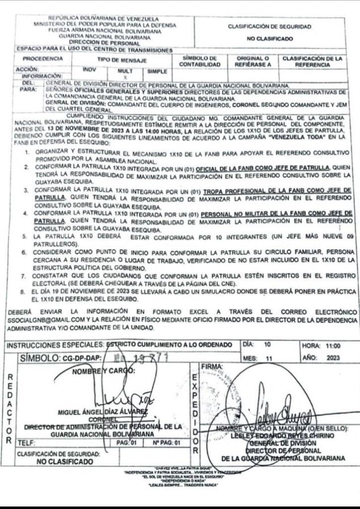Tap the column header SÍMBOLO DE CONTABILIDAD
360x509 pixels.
(199, 61)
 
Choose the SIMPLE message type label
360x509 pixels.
(156, 72)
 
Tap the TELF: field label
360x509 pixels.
(24, 443)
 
